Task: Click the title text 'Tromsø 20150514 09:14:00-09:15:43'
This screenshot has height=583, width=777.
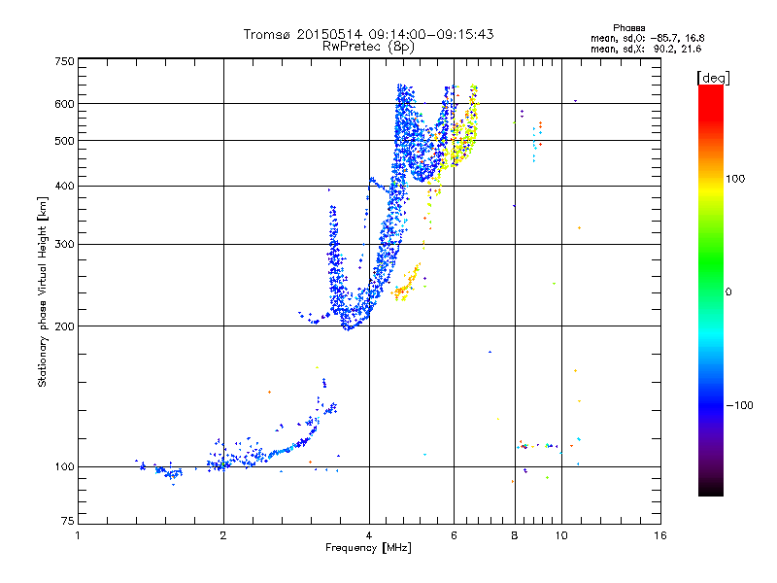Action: (369, 34)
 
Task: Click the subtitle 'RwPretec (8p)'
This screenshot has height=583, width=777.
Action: (369, 46)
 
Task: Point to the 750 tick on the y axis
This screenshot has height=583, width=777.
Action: (64, 61)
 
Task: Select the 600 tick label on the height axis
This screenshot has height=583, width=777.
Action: (64, 104)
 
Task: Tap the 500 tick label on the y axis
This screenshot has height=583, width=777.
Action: (64, 141)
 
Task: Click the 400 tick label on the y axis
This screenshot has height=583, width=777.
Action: (64, 187)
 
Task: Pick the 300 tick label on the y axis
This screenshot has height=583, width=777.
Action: (64, 245)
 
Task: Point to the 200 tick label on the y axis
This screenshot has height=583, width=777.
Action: (64, 326)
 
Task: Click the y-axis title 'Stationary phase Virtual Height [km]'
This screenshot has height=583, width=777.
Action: (43, 291)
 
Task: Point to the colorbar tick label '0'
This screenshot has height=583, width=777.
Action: (729, 291)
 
